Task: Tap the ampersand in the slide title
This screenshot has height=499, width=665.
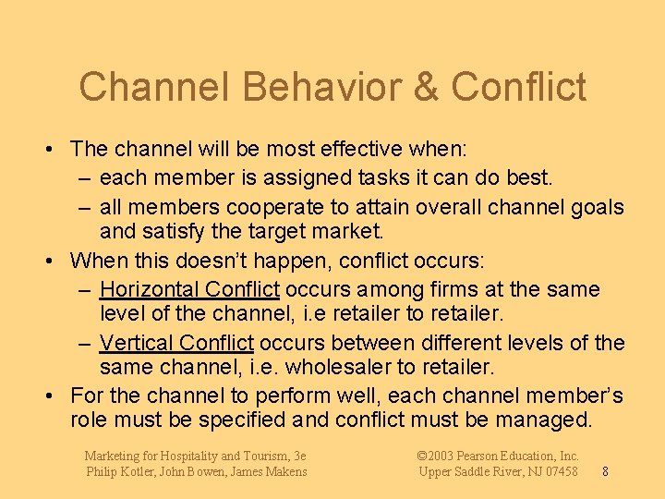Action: pos(426,87)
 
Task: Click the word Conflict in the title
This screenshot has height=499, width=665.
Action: pos(519,87)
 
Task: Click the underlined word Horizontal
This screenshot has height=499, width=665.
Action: pos(150,289)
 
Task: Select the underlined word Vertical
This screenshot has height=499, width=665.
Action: pos(138,343)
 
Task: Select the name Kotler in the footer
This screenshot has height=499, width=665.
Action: pos(145,471)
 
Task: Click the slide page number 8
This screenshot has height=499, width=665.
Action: pos(604,471)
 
